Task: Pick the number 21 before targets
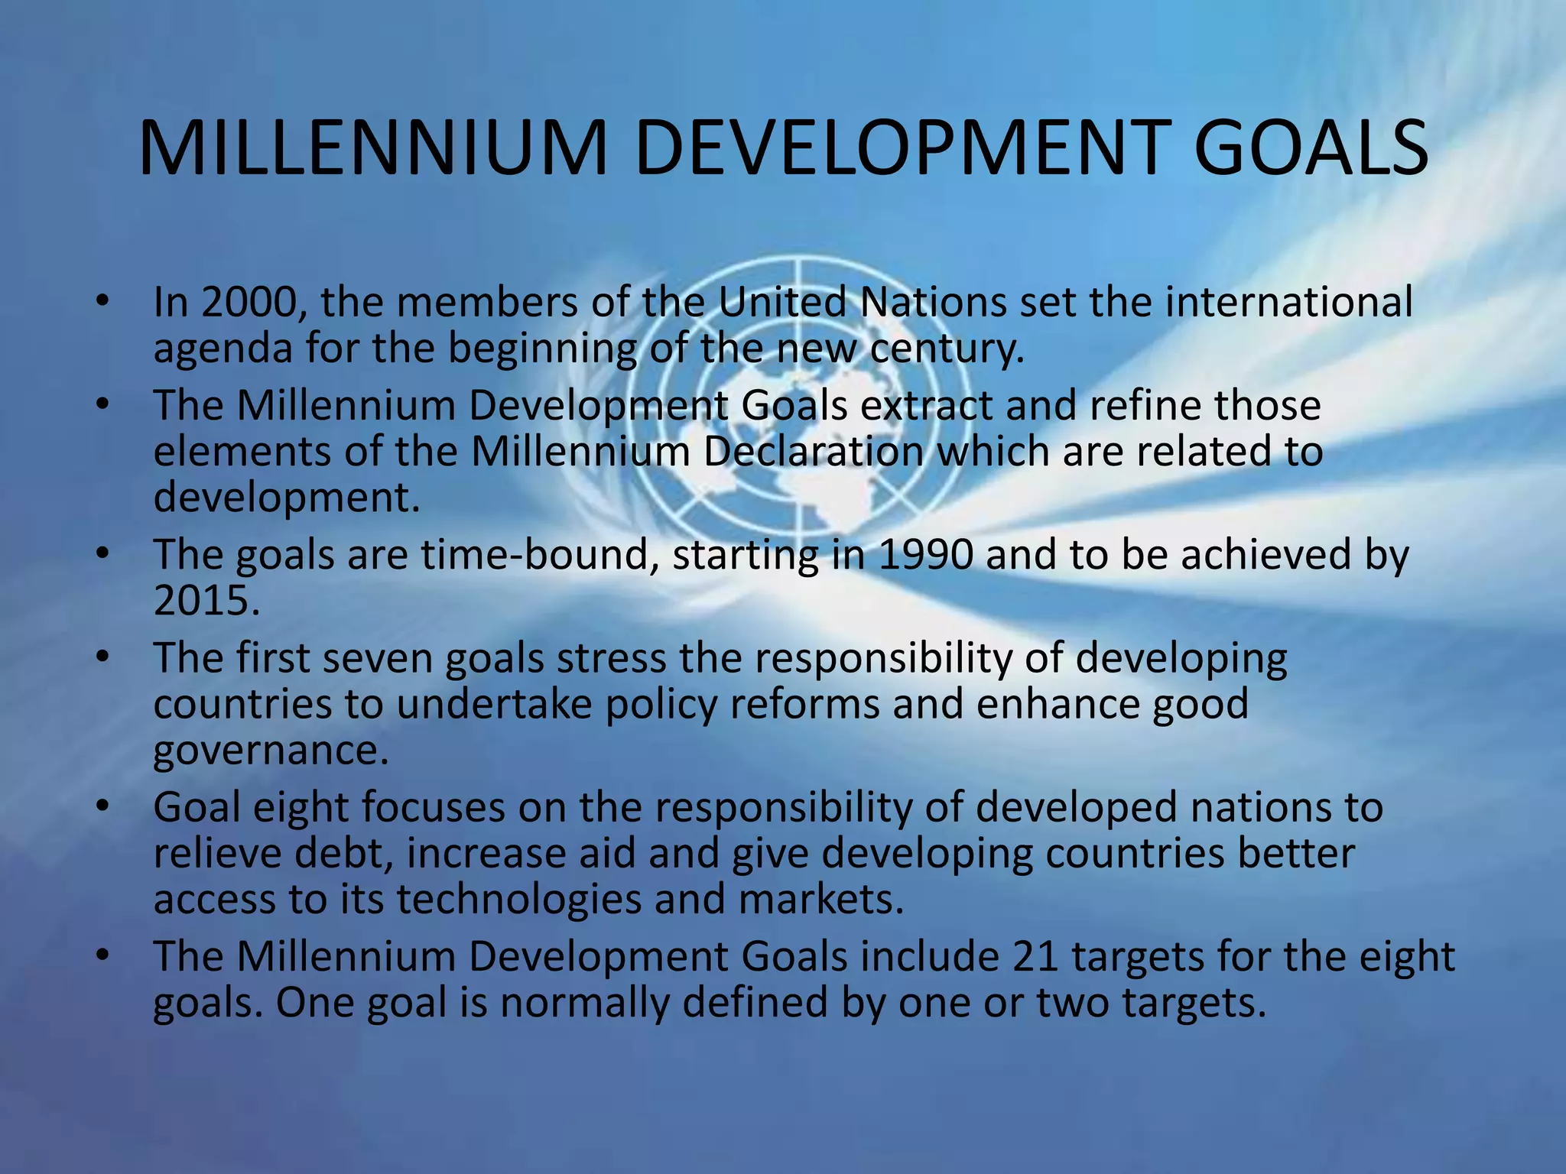[x=1035, y=956]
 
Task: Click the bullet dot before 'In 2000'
[x=102, y=302]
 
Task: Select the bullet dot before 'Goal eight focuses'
[x=102, y=807]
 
